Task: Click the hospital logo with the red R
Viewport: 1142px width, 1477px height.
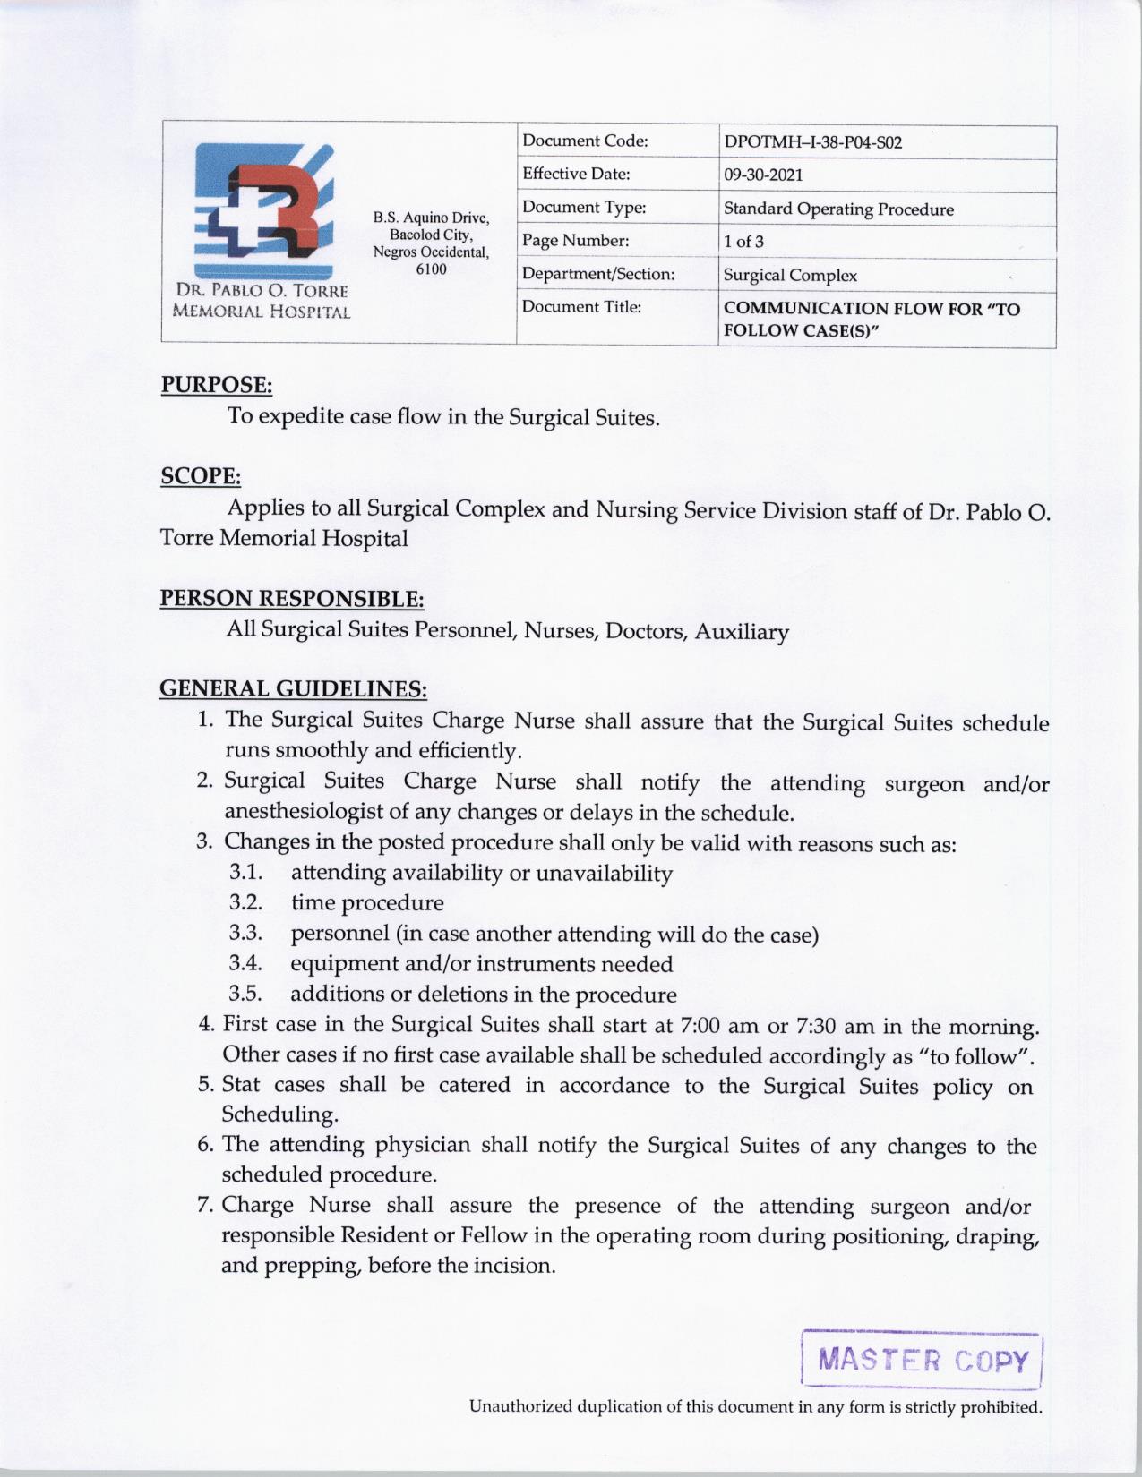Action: pyautogui.click(x=264, y=209)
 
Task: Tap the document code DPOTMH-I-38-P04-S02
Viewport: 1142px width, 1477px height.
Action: pyautogui.click(x=812, y=142)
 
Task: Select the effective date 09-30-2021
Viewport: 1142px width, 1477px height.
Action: pyautogui.click(x=763, y=175)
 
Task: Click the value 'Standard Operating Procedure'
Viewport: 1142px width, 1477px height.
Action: pyautogui.click(x=838, y=209)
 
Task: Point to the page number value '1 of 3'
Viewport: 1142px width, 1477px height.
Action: pyautogui.click(x=743, y=242)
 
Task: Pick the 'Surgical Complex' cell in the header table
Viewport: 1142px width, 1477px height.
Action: pyautogui.click(x=790, y=276)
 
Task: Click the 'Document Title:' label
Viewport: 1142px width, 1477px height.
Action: pyautogui.click(x=570, y=307)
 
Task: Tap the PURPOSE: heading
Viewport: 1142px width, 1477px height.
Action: pyautogui.click(x=216, y=385)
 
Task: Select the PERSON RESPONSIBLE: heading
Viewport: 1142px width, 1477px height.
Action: pyautogui.click(x=291, y=597)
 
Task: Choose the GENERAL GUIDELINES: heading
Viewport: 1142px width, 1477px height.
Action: pyautogui.click(x=293, y=688)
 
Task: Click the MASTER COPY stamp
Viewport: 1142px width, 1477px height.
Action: pyautogui.click(x=923, y=1362)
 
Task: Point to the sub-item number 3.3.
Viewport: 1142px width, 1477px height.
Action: pyautogui.click(x=245, y=933)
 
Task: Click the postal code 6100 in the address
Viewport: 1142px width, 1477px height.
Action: pyautogui.click(x=432, y=269)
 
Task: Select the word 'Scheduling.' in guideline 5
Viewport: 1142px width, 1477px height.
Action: pyautogui.click(x=267, y=1114)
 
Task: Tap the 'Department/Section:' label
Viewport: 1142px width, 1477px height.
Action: pyautogui.click(x=597, y=274)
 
